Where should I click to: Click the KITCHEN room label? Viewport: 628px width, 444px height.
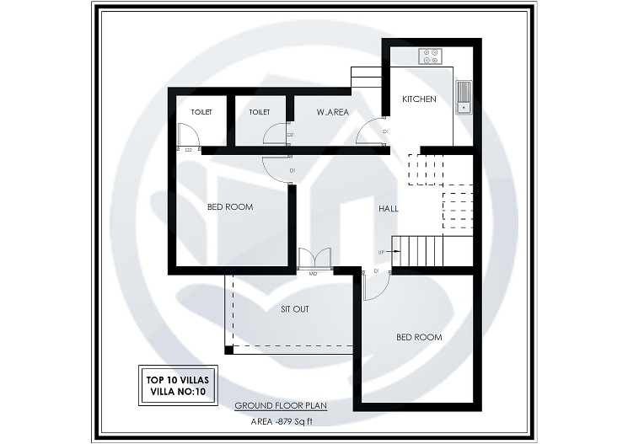coord(419,99)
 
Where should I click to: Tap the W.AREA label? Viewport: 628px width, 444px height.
coord(333,112)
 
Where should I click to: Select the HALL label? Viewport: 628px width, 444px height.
coord(389,208)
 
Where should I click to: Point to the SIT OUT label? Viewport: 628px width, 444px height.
coord(295,309)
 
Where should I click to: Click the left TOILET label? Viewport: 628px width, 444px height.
coord(201,112)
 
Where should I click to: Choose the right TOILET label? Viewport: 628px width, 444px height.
coord(260,112)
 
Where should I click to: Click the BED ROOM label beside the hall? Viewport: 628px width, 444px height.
coord(230,206)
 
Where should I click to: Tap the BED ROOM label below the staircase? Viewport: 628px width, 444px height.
coord(419,337)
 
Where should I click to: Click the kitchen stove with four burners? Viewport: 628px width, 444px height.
coord(431,56)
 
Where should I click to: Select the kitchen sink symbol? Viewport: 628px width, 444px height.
coord(463,96)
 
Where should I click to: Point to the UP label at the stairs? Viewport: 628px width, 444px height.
coord(381,252)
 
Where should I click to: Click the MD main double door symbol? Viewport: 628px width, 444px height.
coord(312,259)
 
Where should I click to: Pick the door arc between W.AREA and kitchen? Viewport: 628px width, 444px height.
coord(368,133)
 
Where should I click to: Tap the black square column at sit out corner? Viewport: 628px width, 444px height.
coord(228,350)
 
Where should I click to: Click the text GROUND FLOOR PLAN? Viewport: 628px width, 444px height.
coord(281,405)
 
